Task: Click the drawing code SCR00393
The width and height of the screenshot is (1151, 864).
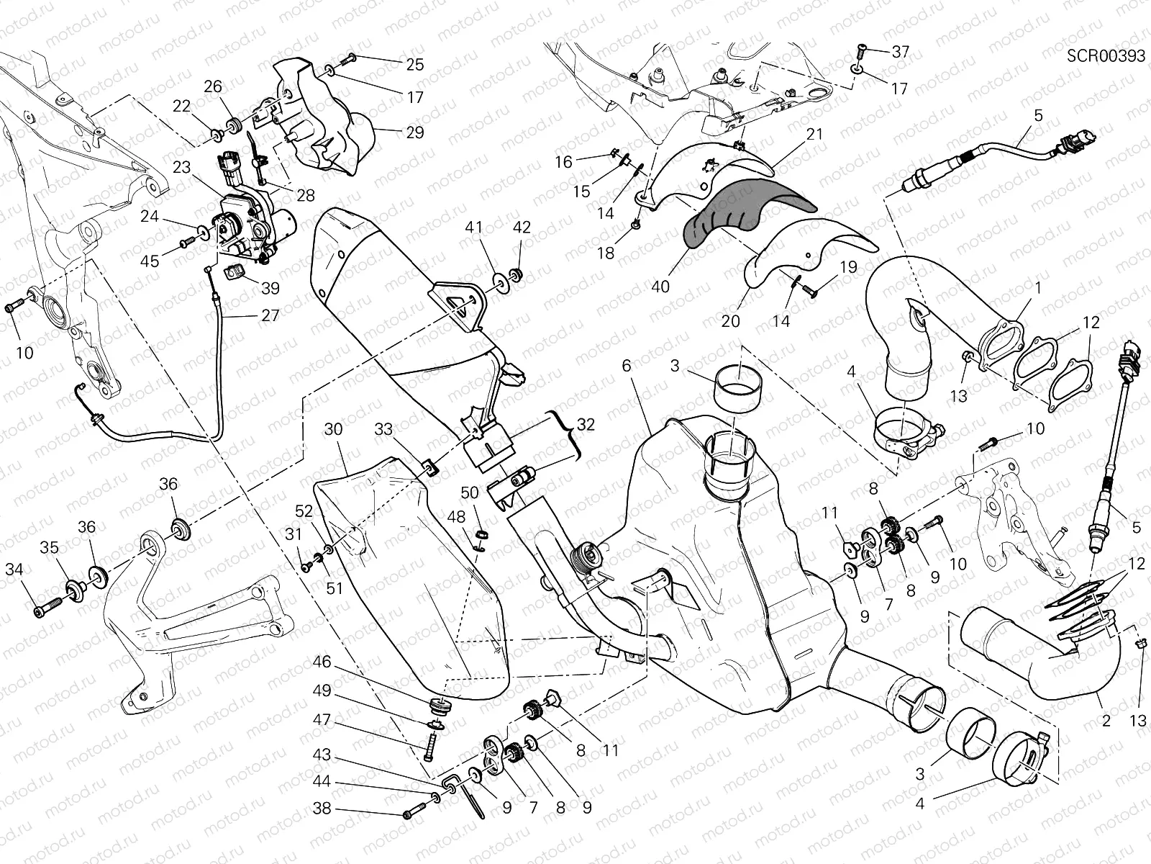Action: click(1106, 57)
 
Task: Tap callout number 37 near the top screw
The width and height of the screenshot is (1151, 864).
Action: click(900, 52)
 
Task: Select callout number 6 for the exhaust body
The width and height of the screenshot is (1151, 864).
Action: click(626, 366)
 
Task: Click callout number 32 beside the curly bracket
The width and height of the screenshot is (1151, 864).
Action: click(586, 424)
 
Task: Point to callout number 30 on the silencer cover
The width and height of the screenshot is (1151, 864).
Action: click(332, 429)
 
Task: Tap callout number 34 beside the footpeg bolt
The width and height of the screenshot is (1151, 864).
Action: click(14, 570)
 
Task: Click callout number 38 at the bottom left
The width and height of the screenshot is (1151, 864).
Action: click(322, 809)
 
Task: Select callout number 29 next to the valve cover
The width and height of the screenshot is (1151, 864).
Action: click(414, 132)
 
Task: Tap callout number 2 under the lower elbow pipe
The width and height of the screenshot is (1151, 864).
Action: click(1106, 720)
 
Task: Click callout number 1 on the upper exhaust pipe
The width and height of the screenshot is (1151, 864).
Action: click(1038, 288)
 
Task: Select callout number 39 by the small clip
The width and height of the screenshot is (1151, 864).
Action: click(270, 288)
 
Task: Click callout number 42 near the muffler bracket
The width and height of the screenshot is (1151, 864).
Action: click(522, 228)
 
